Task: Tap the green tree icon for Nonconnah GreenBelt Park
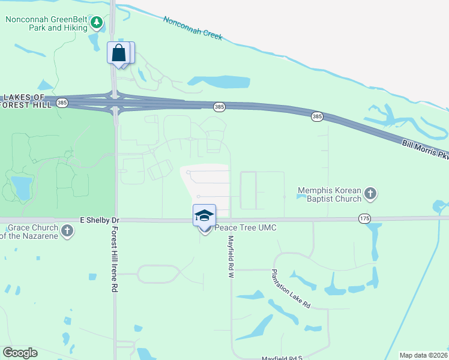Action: click(97, 23)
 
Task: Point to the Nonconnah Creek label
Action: click(193, 28)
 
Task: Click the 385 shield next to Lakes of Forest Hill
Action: click(62, 103)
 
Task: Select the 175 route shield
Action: click(364, 218)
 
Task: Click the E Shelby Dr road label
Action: click(95, 220)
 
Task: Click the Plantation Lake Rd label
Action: click(289, 289)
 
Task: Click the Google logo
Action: click(20, 352)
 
